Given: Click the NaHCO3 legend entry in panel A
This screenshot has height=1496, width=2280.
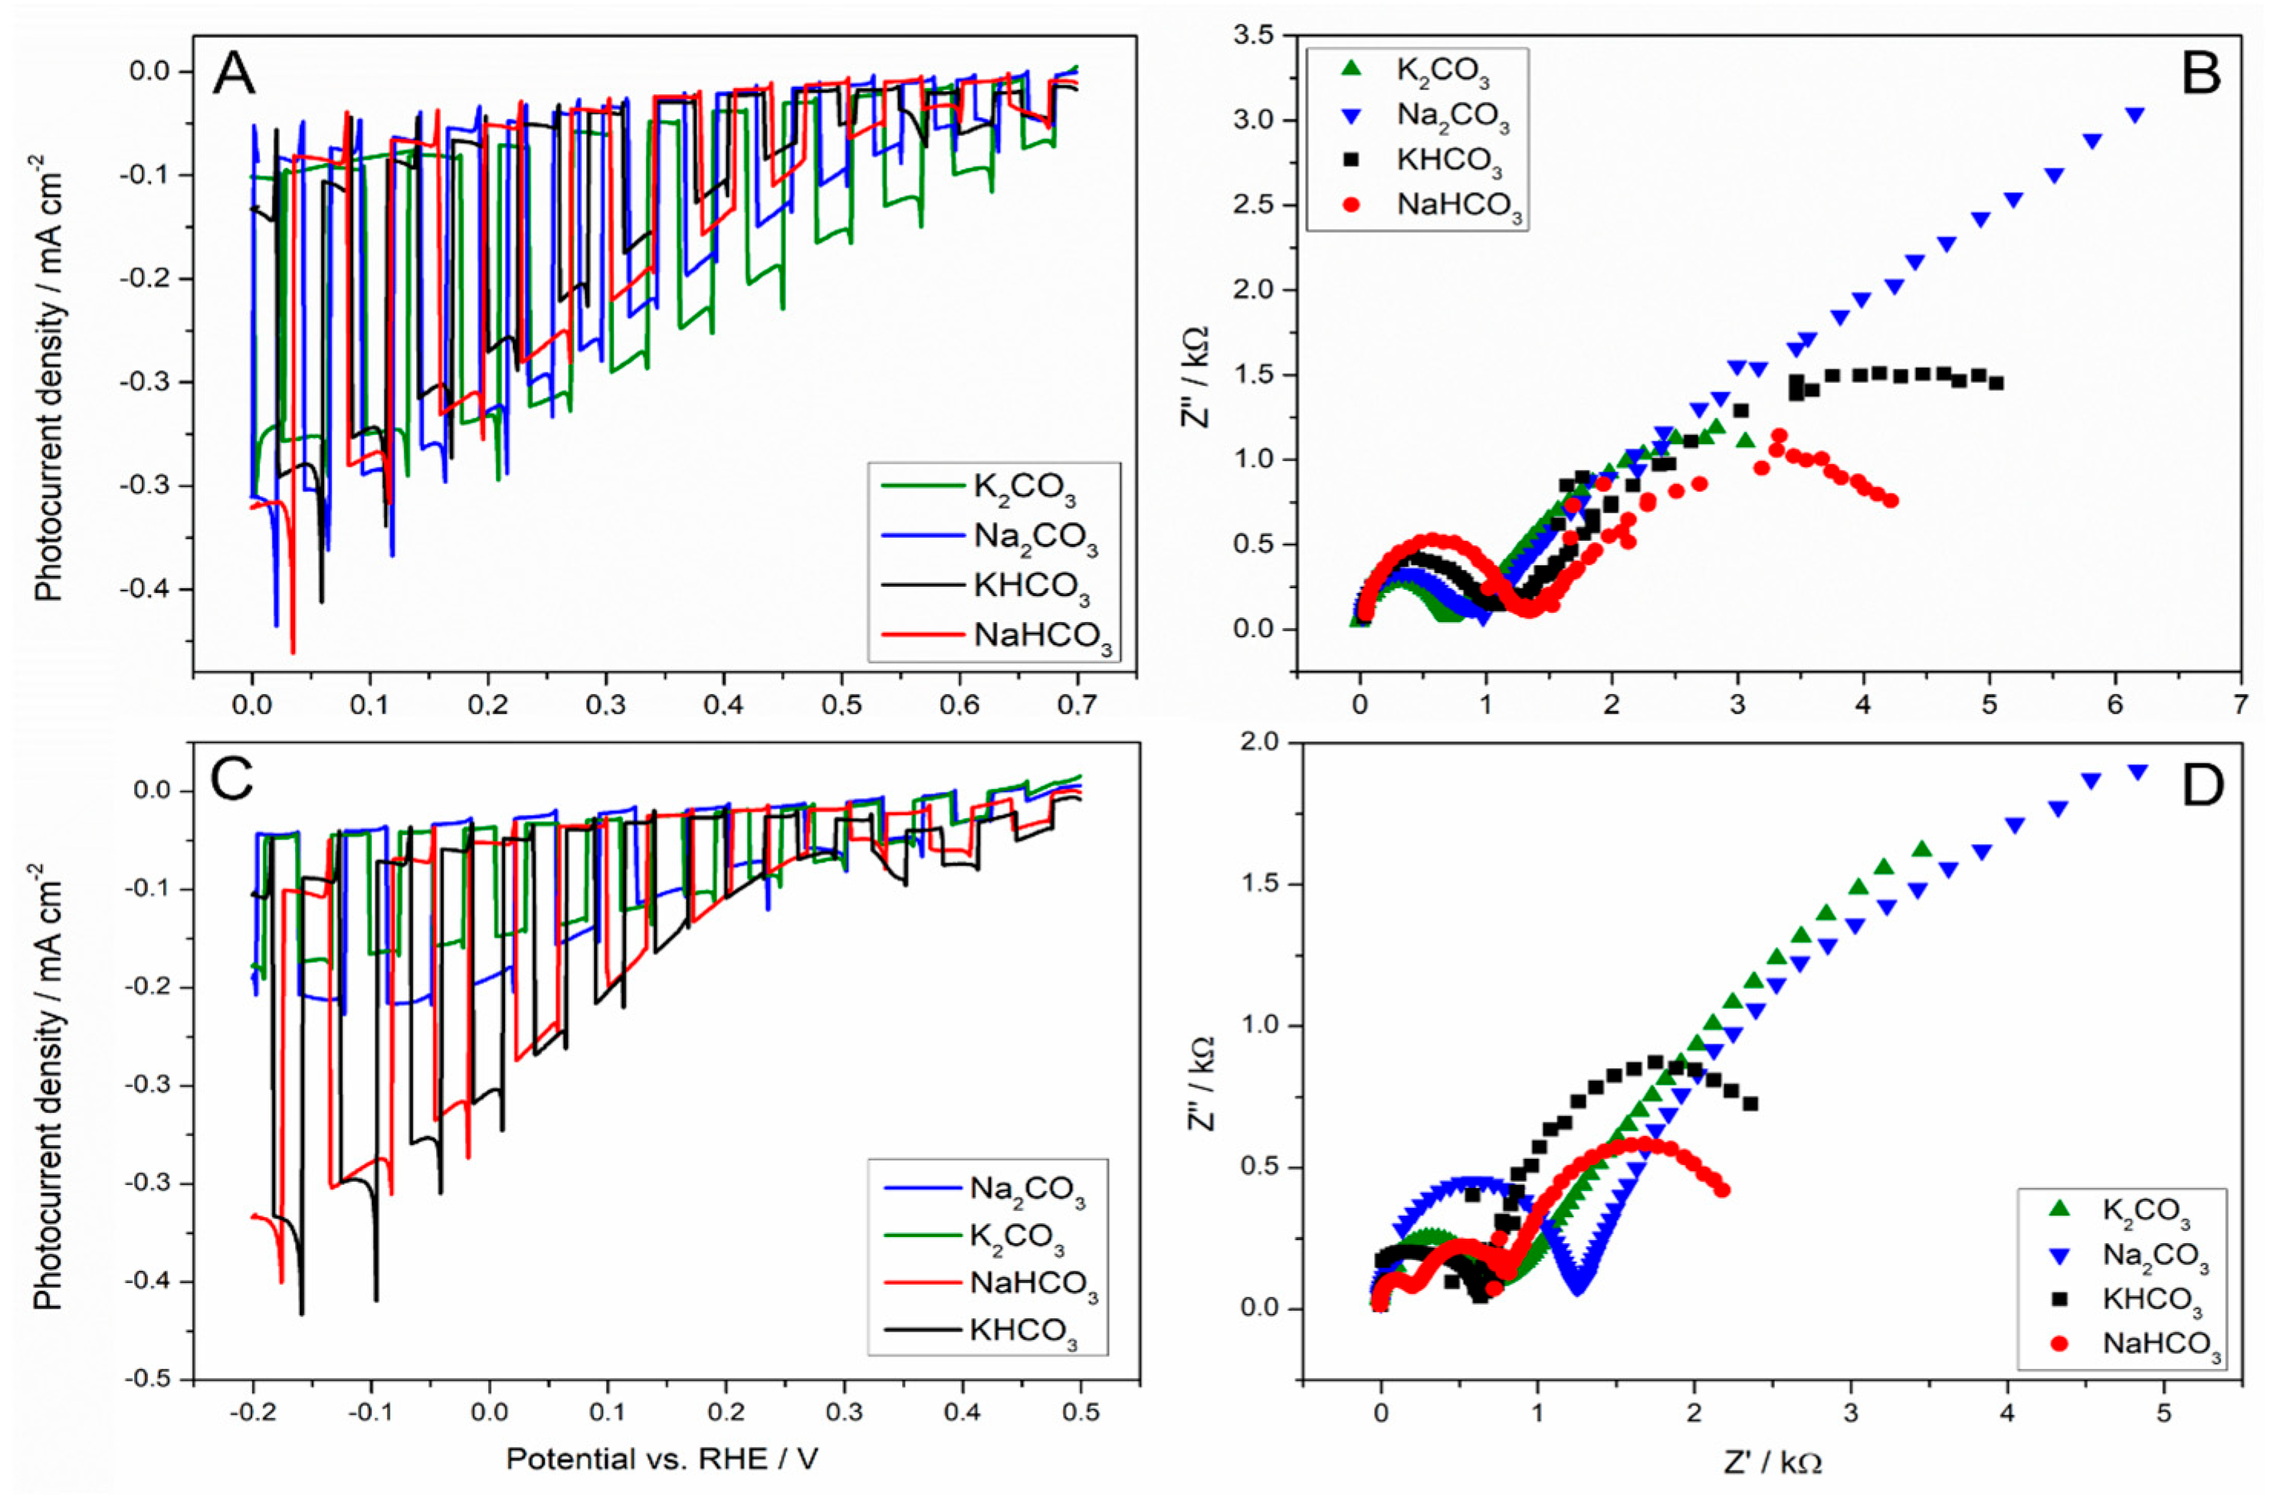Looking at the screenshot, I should pos(1042,637).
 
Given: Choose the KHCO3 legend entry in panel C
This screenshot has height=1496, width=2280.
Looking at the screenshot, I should pos(1023,1333).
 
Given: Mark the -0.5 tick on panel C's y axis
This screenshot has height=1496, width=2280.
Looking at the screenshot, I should pos(149,1380).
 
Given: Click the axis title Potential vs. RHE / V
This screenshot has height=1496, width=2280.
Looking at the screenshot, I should pos(662,1458).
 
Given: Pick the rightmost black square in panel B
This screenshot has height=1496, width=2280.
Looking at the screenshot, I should pos(1996,383).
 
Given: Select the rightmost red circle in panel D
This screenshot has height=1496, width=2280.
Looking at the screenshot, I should pos(1723,1190).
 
